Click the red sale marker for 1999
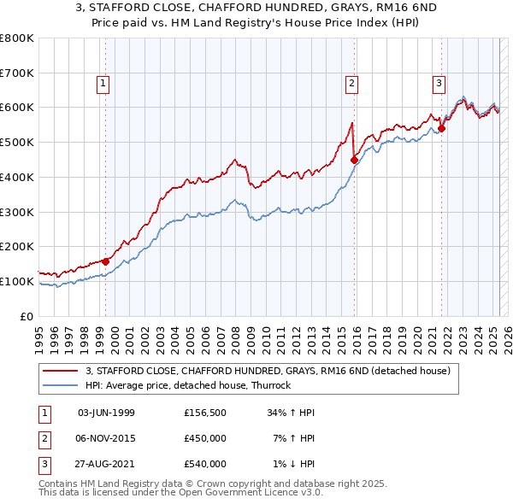106,261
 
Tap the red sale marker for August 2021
442,129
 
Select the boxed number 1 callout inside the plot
103,83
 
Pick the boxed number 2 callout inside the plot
351,83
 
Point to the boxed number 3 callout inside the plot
439,83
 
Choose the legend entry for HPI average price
188,385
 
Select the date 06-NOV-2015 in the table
106,438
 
